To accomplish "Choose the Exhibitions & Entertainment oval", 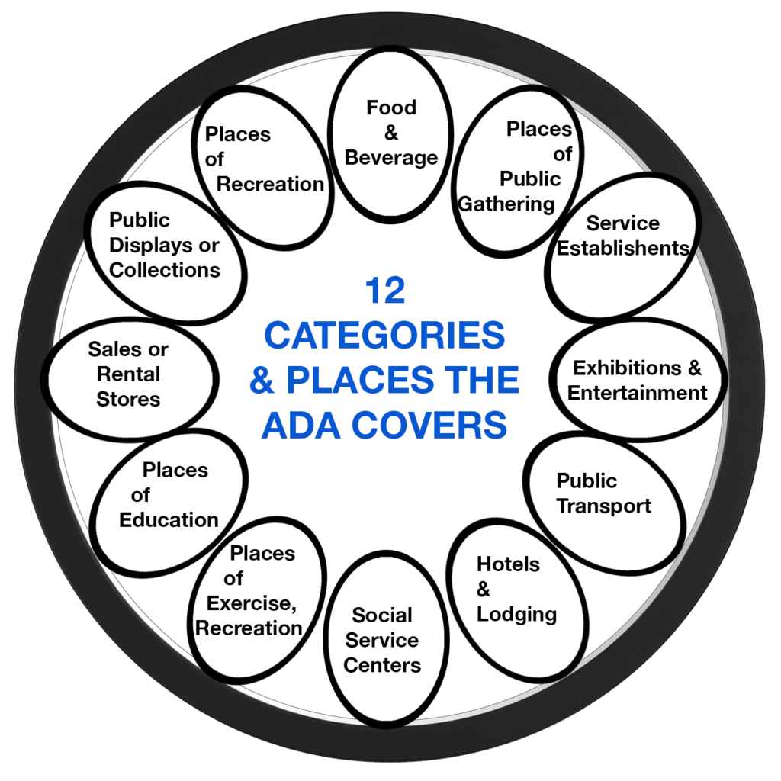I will coord(638,380).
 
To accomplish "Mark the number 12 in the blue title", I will coord(384,291).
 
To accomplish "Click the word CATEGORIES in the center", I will coord(384,336).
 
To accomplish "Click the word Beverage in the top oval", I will coord(391,158).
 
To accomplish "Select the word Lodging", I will coord(516,614).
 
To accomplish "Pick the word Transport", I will coord(603,506).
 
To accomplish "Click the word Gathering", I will coord(506,204).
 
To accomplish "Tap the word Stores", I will coord(128,399).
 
